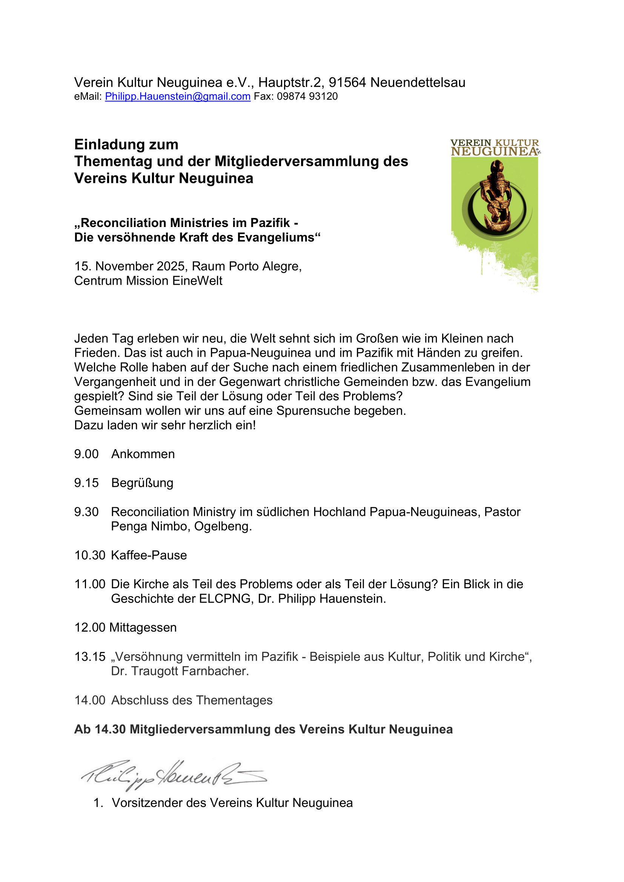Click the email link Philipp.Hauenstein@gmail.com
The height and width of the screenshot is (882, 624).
[178, 97]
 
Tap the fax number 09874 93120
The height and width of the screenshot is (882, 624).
[307, 97]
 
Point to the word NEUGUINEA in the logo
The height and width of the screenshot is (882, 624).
[494, 152]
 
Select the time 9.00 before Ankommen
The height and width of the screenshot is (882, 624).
[86, 454]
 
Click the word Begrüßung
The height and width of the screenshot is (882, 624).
[142, 483]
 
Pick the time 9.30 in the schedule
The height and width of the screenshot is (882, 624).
[86, 512]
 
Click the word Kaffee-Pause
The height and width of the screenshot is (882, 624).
[149, 555]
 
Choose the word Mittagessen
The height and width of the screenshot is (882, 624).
[143, 628]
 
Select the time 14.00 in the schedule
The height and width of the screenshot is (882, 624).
[90, 700]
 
